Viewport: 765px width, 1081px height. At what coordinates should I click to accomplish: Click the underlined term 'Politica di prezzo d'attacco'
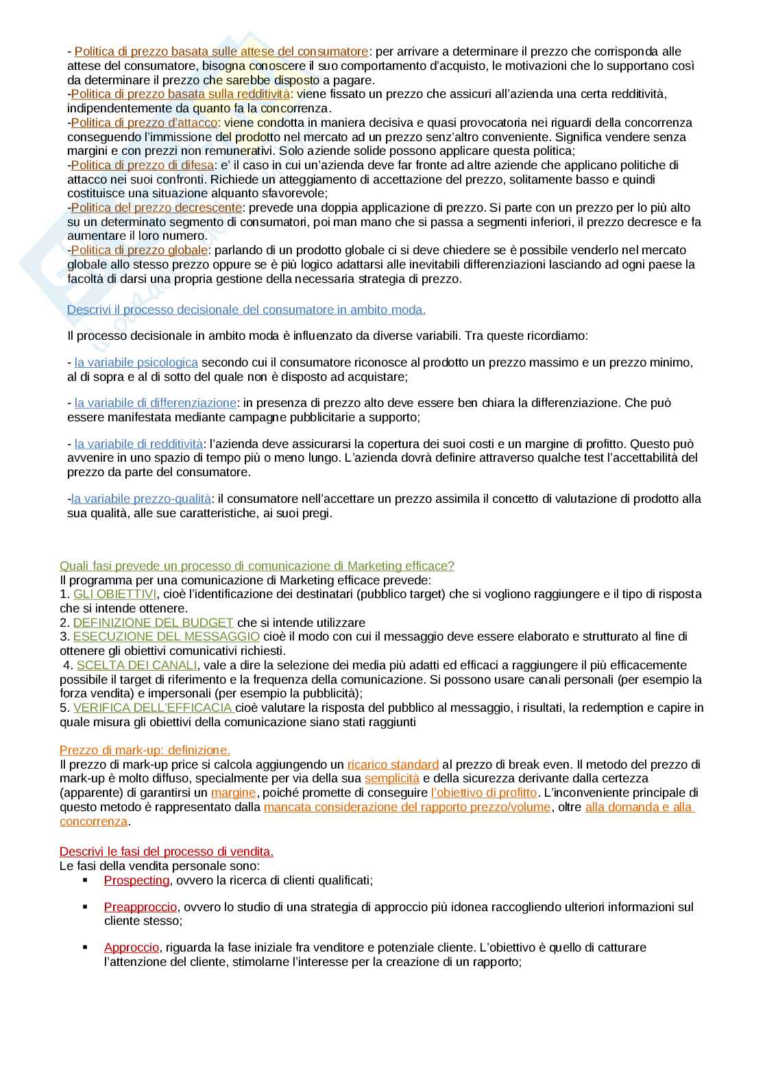point(144,123)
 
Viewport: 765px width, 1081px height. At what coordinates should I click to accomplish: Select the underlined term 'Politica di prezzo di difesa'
point(142,165)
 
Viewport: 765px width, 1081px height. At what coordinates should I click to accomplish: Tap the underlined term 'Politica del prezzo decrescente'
point(156,208)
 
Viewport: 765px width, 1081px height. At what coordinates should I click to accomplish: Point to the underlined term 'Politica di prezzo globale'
point(139,250)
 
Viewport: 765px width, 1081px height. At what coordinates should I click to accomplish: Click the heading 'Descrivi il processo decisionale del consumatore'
point(246,310)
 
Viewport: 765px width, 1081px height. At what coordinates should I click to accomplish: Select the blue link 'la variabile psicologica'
point(136,362)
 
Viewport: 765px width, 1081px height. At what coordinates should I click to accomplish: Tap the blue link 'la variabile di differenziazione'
point(155,403)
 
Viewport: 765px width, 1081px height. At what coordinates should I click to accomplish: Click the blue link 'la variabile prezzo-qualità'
point(141,499)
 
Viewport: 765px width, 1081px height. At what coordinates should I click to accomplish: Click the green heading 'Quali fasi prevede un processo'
point(256,566)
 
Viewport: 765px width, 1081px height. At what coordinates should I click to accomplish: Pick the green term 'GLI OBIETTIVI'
point(114,594)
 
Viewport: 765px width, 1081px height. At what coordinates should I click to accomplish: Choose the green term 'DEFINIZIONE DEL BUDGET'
point(153,623)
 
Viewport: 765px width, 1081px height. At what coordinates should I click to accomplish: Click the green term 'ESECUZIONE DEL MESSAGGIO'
point(166,636)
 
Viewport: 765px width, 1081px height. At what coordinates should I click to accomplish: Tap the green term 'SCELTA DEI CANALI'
point(136,665)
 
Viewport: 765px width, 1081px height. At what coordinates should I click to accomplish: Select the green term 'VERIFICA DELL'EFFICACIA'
point(154,708)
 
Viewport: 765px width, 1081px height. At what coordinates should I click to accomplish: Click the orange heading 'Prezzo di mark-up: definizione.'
point(145,750)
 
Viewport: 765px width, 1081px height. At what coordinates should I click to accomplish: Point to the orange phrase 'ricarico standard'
point(393,765)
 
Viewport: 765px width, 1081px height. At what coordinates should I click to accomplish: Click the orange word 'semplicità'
point(391,778)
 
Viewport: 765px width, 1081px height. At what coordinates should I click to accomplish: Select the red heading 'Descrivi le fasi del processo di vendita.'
point(166,852)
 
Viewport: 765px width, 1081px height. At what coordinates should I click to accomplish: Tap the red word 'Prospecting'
point(136,880)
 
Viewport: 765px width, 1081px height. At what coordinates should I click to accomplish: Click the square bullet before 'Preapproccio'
point(86,906)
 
